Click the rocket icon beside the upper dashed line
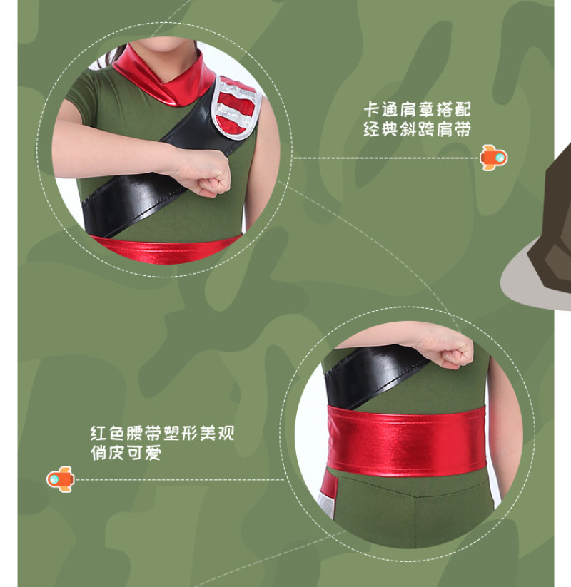pos(493,158)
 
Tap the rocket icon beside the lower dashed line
pos(61,479)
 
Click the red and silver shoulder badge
pos(236,108)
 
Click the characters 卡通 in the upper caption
pos(381,110)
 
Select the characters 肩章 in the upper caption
pos(417,110)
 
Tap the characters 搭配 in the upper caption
pos(453,110)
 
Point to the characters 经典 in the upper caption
pos(381,129)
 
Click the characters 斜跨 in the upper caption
pos(417,129)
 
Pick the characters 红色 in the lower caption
pos(108,433)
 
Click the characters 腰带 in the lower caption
pos(144,433)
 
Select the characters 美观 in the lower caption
pos(216,433)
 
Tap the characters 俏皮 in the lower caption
pos(108,453)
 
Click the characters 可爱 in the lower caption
pos(144,453)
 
